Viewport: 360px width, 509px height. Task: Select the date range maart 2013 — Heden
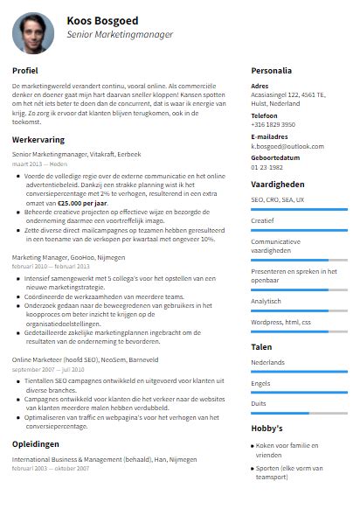tap(39, 164)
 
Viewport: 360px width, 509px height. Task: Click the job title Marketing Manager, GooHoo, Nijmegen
tap(69, 258)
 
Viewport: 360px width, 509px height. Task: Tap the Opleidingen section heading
tap(36, 443)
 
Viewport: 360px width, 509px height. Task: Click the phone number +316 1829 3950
tap(273, 124)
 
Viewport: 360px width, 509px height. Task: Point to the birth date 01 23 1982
tap(267, 167)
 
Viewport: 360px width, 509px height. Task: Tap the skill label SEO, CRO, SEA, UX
tap(278, 199)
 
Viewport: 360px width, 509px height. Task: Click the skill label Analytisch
tap(267, 300)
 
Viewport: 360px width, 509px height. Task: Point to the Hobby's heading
tap(267, 429)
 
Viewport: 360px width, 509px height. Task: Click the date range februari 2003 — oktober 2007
tap(51, 468)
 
